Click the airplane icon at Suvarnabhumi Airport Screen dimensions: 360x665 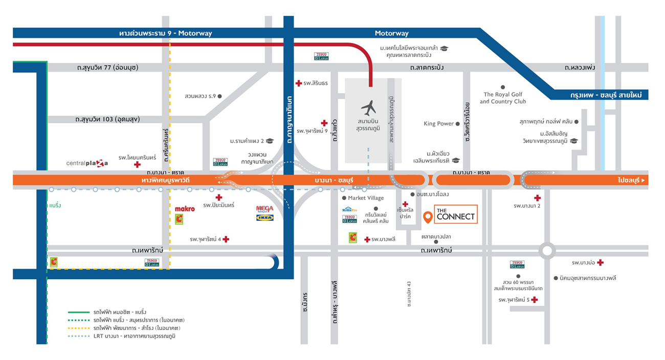tap(368, 108)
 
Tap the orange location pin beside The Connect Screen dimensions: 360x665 tap(428, 217)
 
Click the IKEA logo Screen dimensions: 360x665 tap(264, 217)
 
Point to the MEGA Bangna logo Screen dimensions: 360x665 tap(264, 209)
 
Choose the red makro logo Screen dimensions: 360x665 tap(185, 209)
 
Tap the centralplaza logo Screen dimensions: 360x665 tap(87, 163)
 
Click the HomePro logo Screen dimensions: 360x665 tap(349, 210)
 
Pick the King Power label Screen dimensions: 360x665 tap(438, 124)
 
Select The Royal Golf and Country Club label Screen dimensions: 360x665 tap(503, 98)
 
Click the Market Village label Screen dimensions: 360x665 tap(366, 198)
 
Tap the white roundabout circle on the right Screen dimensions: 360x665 tap(547, 251)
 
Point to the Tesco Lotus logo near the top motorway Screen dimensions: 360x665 tap(321, 56)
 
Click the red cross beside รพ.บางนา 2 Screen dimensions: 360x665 tap(537, 198)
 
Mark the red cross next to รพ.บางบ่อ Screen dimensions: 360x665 tap(600, 262)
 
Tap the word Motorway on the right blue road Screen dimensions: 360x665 tap(391, 33)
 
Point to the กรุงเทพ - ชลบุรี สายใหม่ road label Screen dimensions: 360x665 tap(602, 95)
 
